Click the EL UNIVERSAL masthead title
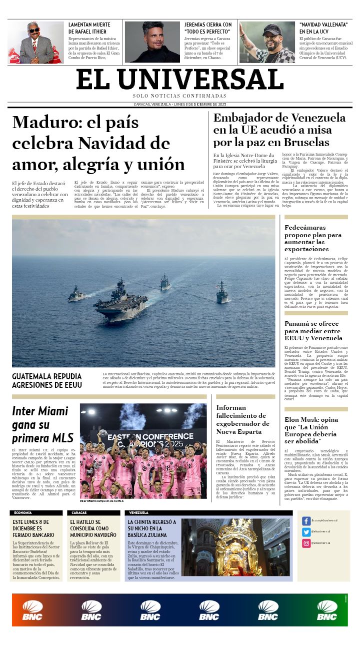(x=180, y=79)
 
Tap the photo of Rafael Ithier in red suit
(x=35, y=43)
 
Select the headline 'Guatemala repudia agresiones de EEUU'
(x=46, y=380)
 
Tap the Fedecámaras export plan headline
(x=313, y=238)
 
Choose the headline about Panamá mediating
(x=313, y=331)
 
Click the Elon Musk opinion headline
(x=311, y=430)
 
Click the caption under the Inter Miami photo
(x=101, y=501)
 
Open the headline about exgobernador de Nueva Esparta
(x=242, y=419)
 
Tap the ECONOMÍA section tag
(x=23, y=513)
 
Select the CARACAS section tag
(x=79, y=513)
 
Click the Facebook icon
(x=306, y=521)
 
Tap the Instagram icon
(x=306, y=543)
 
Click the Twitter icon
(x=306, y=532)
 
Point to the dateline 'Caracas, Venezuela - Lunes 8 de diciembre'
(x=180, y=104)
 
